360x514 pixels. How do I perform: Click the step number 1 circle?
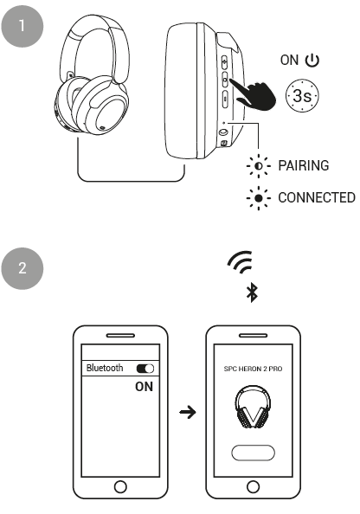click(x=22, y=26)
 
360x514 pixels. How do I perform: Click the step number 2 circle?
click(x=22, y=268)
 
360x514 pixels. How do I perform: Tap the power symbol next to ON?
click(x=312, y=61)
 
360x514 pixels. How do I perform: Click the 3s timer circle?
click(x=302, y=95)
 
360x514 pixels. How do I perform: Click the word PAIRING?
click(x=303, y=165)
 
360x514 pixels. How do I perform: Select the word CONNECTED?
click(x=317, y=197)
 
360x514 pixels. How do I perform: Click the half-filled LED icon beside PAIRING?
click(x=259, y=166)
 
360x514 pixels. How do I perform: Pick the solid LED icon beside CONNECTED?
click(x=259, y=198)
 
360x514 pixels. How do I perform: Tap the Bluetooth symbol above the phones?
click(x=252, y=292)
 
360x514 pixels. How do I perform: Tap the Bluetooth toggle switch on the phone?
click(x=145, y=369)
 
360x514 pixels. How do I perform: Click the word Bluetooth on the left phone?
click(x=105, y=368)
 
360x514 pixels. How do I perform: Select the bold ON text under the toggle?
click(x=145, y=387)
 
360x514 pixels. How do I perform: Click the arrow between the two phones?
click(x=188, y=412)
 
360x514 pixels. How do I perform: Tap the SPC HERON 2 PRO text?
click(x=253, y=369)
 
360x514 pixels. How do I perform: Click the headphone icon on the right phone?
click(x=253, y=407)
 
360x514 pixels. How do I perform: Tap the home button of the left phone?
click(x=120, y=486)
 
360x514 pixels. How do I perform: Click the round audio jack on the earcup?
click(x=223, y=132)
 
